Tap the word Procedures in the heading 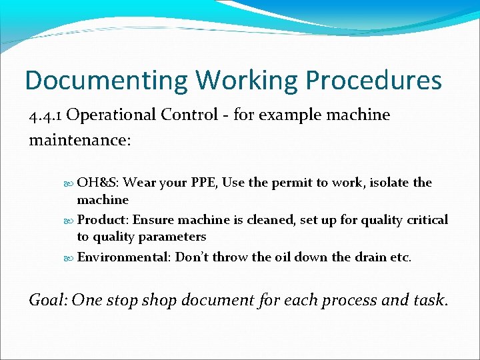coord(373,81)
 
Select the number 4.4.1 coord(45,115)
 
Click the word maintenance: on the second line coord(80,141)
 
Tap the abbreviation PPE coord(203,183)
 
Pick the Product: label coord(101,220)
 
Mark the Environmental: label coord(125,257)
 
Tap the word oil coord(282,257)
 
